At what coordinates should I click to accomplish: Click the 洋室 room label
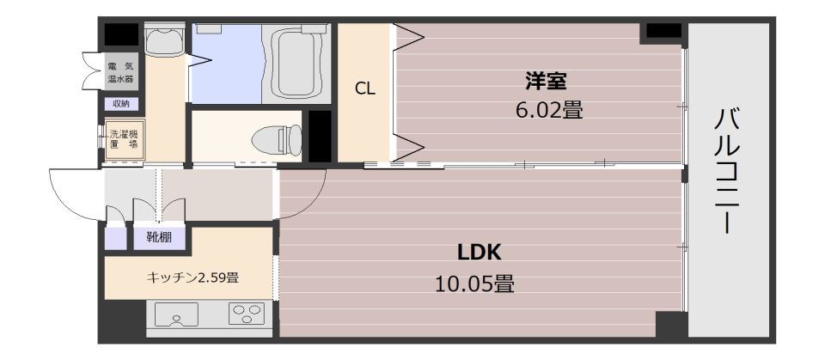pos(546,82)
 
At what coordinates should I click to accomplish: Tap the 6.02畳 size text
pos(550,111)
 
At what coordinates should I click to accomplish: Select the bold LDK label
pos(480,253)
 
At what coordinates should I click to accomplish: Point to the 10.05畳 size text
pos(474,284)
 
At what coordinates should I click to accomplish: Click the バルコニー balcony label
pos(726,170)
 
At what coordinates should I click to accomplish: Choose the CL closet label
pos(364,88)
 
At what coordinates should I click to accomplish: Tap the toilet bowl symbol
pos(277,140)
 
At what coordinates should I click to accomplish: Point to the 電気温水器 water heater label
pos(120,73)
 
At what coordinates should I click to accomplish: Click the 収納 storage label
pos(121,104)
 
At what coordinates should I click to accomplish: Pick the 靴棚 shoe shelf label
pos(159,238)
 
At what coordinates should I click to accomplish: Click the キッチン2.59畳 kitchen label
pos(192,278)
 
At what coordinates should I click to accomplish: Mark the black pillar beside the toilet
pos(320,136)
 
